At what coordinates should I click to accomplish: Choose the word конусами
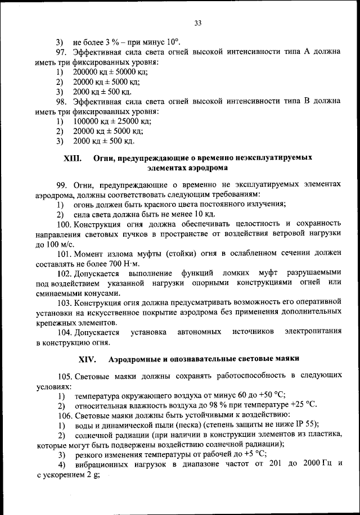tap(100, 293)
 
